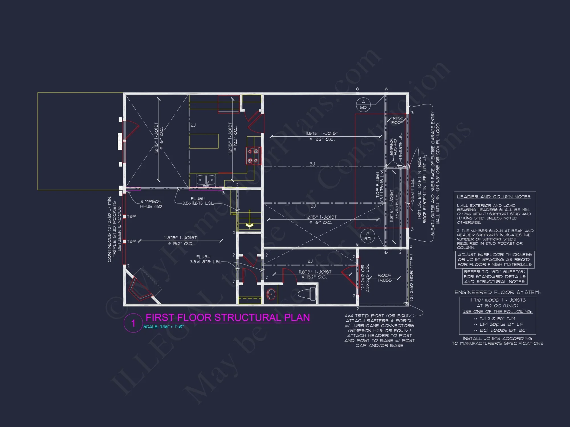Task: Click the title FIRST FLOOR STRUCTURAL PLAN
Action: [227, 317]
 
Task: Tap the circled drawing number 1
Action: [133, 323]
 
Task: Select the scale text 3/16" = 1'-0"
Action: [163, 327]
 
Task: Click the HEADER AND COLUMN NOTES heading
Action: [494, 197]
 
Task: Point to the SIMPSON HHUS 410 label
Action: [151, 204]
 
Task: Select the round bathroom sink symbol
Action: [271, 294]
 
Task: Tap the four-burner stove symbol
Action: [253, 156]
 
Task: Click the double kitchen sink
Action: [206, 180]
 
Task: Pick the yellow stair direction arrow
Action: [250, 225]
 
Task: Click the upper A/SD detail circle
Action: [363, 105]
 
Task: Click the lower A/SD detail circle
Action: [367, 236]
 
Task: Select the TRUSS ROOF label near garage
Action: [397, 120]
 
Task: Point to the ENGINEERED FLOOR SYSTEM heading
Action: [497, 292]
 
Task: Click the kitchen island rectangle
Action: [204, 141]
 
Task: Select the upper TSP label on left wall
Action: [131, 216]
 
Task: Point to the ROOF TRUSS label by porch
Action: [384, 278]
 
